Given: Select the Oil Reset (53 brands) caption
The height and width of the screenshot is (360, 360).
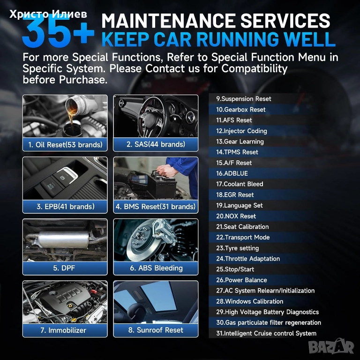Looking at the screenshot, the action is click(x=65, y=145).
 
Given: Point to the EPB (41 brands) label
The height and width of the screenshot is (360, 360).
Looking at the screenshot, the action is click(x=66, y=206).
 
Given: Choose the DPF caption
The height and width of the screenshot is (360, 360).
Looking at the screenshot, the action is click(x=64, y=268).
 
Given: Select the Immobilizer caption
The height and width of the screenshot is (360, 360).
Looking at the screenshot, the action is click(x=63, y=330).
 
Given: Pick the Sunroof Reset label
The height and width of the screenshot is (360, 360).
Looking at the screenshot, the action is click(x=156, y=330).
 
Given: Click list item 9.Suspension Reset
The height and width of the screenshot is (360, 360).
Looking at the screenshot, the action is click(x=244, y=99).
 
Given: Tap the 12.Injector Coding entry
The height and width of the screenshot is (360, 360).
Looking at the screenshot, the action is click(x=241, y=131).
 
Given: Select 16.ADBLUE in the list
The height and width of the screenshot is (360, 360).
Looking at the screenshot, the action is click(x=232, y=173).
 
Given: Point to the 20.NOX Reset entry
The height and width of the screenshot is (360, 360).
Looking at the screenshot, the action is click(x=236, y=216).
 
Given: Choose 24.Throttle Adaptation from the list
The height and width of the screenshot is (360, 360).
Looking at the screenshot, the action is click(x=248, y=259).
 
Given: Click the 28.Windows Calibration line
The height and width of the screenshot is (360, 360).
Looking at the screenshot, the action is click(x=249, y=301).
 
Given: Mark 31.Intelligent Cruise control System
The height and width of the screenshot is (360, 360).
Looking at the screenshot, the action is click(x=266, y=333).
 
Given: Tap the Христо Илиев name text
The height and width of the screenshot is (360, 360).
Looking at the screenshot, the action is click(x=48, y=14).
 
